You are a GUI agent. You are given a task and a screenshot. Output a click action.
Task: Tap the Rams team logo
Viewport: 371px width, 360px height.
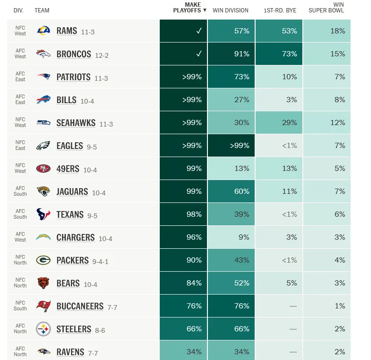pos(43,31)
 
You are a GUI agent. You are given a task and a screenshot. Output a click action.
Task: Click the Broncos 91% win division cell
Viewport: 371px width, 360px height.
pos(231,54)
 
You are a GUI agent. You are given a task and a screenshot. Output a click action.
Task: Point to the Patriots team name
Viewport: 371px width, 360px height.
pos(73,77)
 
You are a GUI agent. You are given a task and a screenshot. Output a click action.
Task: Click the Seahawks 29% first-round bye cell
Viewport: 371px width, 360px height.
pos(279,123)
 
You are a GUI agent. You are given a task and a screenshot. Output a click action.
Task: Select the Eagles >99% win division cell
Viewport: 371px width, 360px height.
pos(231,146)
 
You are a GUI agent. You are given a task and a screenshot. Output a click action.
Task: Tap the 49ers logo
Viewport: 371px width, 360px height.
pos(43,169)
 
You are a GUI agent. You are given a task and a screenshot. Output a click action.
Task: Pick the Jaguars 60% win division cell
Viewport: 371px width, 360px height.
pos(231,191)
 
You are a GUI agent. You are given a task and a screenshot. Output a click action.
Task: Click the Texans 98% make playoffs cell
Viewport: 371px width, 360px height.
pos(184,214)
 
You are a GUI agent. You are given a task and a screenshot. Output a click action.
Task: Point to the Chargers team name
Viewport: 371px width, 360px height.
pos(75,237)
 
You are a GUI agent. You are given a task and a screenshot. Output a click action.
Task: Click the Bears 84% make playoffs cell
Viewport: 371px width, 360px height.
pos(184,283)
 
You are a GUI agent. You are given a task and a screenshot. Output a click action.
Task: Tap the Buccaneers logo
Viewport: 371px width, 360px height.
pos(43,306)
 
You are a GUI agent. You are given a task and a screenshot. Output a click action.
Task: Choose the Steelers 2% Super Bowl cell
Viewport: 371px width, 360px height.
pos(327,329)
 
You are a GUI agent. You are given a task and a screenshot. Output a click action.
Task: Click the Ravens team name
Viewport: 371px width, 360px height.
pos(70,352)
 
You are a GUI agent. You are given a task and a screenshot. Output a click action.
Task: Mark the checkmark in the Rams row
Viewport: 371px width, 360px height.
pos(199,31)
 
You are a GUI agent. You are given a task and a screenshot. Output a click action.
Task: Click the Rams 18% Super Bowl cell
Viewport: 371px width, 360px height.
pos(327,31)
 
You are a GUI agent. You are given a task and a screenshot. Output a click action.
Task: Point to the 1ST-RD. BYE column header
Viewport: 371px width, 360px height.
pos(280,10)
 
